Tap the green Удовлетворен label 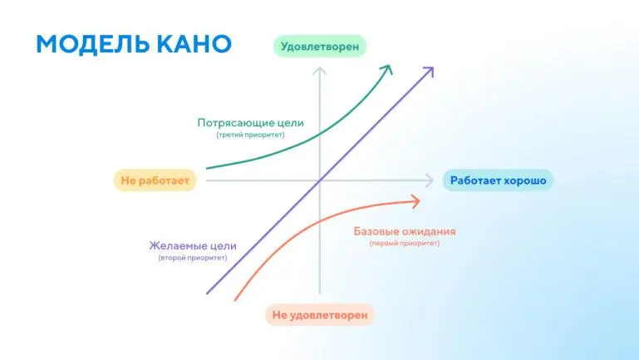pos(320,47)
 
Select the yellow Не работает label pos(155,180)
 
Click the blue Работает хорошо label pos(498,180)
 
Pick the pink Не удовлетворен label pos(320,315)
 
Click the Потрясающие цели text pos(250,123)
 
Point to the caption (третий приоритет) pos(250,135)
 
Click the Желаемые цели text pos(193,245)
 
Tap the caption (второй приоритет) pos(193,258)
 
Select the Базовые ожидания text pos(405,231)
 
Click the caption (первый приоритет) pos(405,244)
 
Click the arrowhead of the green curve pos(389,67)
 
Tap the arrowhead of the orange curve pos(416,200)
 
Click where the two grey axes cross pos(319,180)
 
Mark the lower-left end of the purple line pos(206,293)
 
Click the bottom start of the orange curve pos(236,299)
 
